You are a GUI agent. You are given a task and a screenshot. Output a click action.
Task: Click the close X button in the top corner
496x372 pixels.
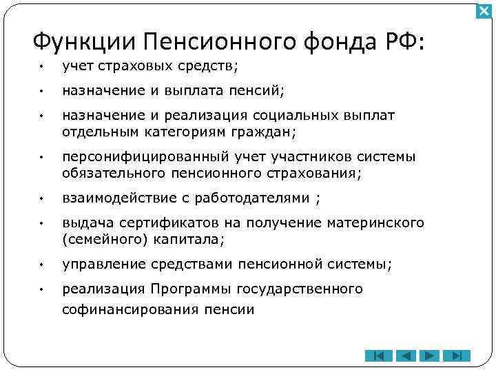pos(484,11)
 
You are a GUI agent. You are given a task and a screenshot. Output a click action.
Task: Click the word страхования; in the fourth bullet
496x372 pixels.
pos(319,172)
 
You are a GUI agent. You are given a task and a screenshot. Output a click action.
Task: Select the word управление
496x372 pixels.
pos(99,265)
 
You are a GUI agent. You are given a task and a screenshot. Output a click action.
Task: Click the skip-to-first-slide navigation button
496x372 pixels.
pos(378,355)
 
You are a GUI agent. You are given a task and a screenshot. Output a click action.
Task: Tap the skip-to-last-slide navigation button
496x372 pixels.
pos(455,355)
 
